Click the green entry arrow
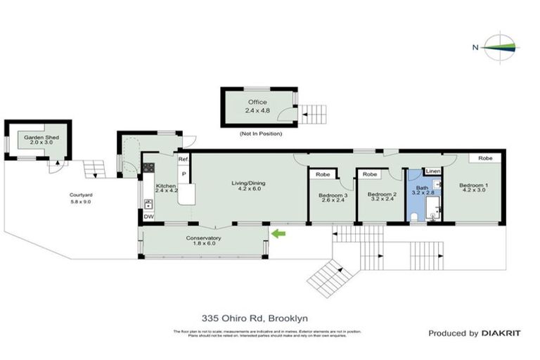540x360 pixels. pyautogui.click(x=279, y=233)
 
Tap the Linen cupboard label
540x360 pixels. pyautogui.click(x=432, y=172)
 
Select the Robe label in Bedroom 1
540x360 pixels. pyautogui.click(x=485, y=158)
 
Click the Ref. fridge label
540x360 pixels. pyautogui.click(x=182, y=160)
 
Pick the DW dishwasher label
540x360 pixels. pyautogui.click(x=148, y=217)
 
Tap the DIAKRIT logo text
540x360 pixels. pyautogui.click(x=501, y=333)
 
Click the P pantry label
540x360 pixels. pyautogui.click(x=184, y=174)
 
